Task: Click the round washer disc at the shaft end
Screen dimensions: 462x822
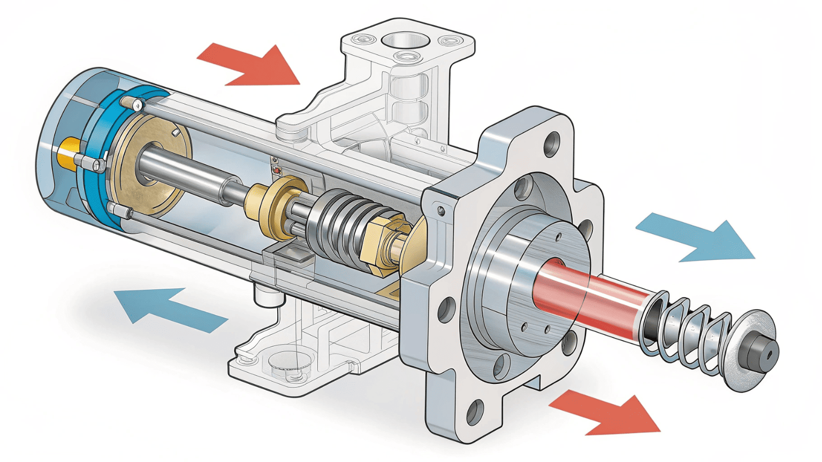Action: click(749, 350)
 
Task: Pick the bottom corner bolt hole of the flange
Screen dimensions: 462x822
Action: click(474, 412)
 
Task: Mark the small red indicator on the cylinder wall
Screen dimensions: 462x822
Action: click(277, 170)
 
